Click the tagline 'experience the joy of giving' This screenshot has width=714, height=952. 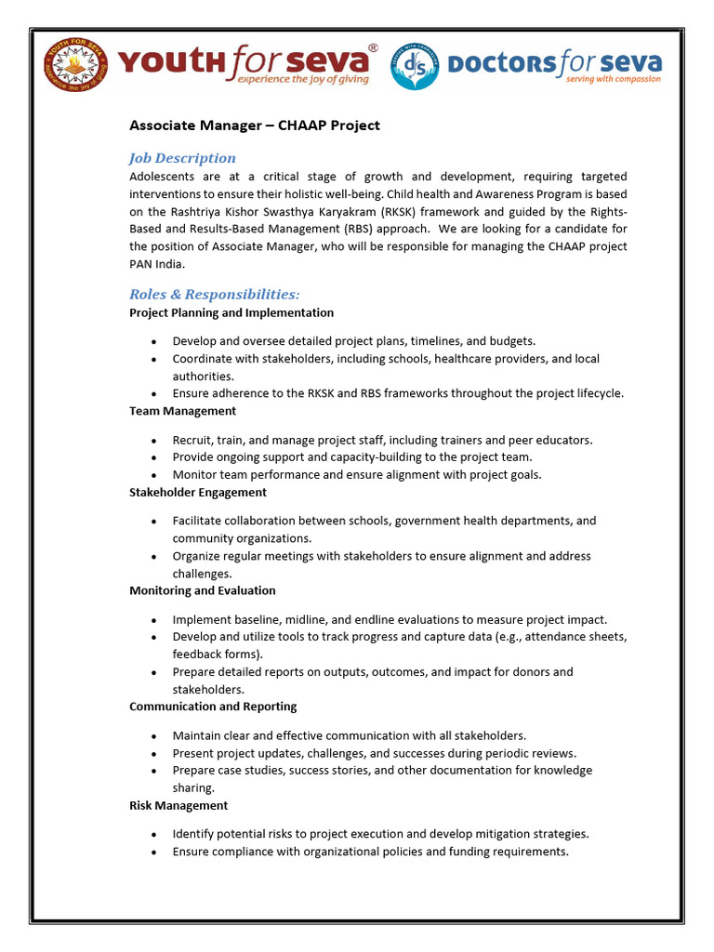coord(302,80)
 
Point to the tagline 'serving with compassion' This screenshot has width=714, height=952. coord(614,80)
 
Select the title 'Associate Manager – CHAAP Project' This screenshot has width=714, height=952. coord(254,126)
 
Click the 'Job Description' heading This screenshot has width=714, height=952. coord(182,158)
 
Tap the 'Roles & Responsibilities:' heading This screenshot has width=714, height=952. coord(215,295)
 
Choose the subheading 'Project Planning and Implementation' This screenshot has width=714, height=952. coord(231,312)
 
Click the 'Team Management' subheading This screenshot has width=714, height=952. coord(182,411)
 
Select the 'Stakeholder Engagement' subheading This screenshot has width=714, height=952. coord(198,492)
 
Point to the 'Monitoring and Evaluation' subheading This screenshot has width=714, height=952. coord(202,590)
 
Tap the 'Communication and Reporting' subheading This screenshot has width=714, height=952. coord(213,707)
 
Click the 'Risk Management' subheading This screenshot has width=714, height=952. coord(178,805)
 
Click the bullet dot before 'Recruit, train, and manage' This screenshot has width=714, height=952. coord(153,441)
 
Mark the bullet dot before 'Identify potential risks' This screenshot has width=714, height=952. coord(153,835)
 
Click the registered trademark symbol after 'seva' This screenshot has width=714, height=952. coord(373,46)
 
